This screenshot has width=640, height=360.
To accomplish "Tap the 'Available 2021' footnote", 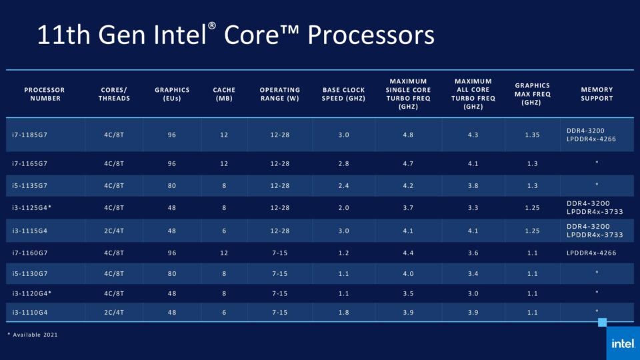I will [x=33, y=335].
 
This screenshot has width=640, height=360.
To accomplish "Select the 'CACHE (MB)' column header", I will [x=224, y=94].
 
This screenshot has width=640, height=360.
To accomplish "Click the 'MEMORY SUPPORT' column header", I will [x=597, y=94].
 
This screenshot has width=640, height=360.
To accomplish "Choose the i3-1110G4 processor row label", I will [x=32, y=312].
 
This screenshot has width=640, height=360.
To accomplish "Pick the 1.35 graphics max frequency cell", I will [x=532, y=135].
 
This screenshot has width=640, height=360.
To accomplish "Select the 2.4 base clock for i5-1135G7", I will [x=344, y=185].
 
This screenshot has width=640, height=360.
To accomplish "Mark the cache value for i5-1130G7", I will [x=224, y=273].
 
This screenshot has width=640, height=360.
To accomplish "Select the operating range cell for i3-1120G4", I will [x=280, y=293].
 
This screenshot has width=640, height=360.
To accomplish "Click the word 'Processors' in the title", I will [x=371, y=35].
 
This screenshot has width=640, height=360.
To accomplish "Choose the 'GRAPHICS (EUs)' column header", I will [x=172, y=94].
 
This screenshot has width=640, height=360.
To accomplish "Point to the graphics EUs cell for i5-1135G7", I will [x=172, y=185].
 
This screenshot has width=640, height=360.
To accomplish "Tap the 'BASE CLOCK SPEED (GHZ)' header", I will [x=344, y=94].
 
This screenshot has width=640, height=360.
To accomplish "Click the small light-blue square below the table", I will [x=602, y=323].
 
